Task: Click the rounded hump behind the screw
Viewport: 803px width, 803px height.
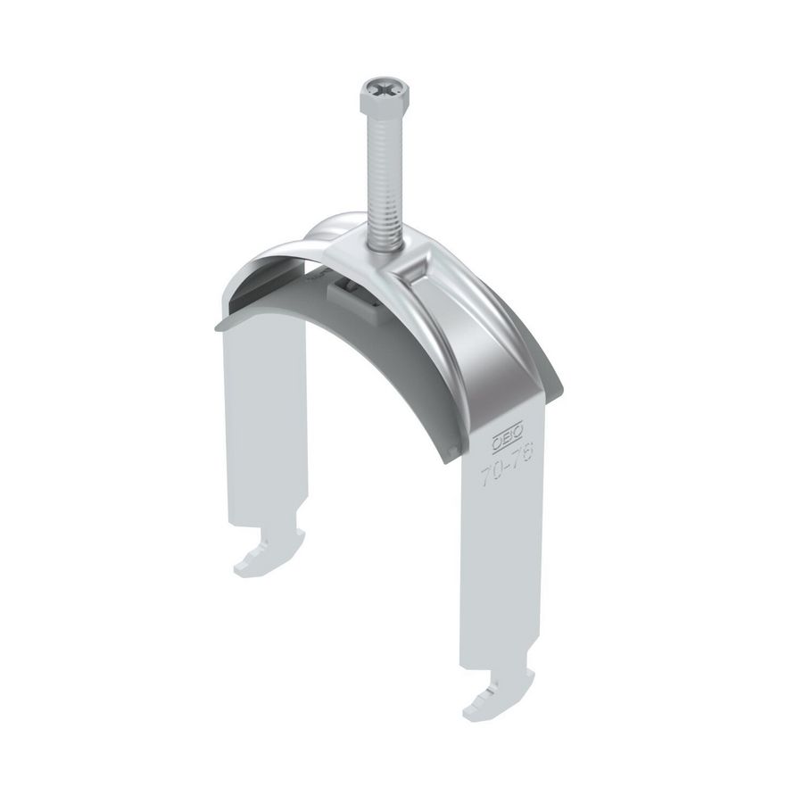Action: [x=339, y=228]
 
